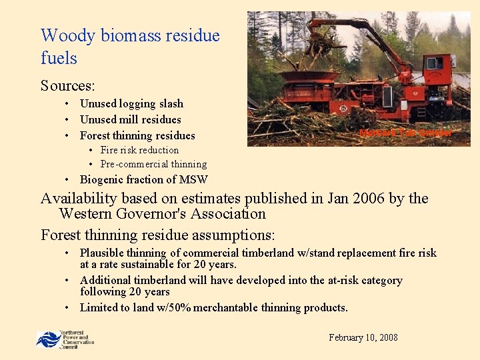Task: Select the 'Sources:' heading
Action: click(x=67, y=86)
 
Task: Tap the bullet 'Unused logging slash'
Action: click(x=131, y=104)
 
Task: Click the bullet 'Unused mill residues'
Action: click(x=130, y=120)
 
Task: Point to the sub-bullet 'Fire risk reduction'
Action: click(x=139, y=150)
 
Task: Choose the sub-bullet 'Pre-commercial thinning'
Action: click(x=153, y=164)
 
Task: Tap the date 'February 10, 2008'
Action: click(x=363, y=337)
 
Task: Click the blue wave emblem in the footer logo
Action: click(x=47, y=339)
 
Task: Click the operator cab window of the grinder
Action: click(x=434, y=64)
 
